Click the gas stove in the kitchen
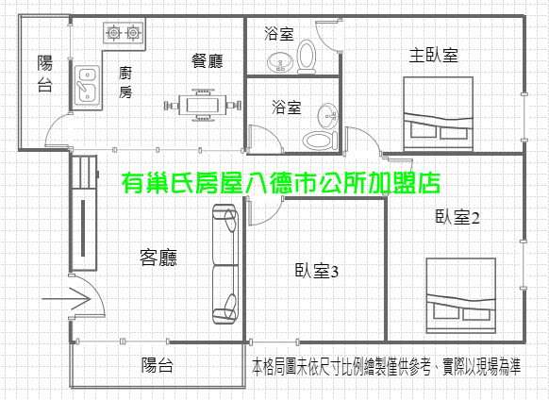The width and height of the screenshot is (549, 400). click(x=124, y=33)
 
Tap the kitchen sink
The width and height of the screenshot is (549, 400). click(x=87, y=85)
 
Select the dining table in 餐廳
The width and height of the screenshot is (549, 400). click(x=203, y=105)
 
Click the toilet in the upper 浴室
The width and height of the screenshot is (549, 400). click(x=307, y=57)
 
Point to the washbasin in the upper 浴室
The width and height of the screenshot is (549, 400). click(x=280, y=62)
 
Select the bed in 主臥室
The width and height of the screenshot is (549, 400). click(x=439, y=114)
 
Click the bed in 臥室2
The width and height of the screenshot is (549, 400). click(x=460, y=295)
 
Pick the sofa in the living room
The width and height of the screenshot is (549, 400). click(x=225, y=264)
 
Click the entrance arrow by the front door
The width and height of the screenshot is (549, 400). click(x=67, y=299)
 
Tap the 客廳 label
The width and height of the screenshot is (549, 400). click(x=158, y=258)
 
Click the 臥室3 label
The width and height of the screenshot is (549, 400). click(x=317, y=270)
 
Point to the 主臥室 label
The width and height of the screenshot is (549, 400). click(x=434, y=55)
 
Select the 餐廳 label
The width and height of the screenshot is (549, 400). click(x=207, y=61)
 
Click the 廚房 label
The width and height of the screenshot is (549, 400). click(x=125, y=82)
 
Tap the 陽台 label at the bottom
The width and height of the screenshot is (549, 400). click(x=158, y=365)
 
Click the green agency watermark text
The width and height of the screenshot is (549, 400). click(x=281, y=183)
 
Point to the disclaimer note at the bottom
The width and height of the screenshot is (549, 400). click(x=387, y=366)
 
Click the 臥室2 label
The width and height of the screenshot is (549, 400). click(x=457, y=217)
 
